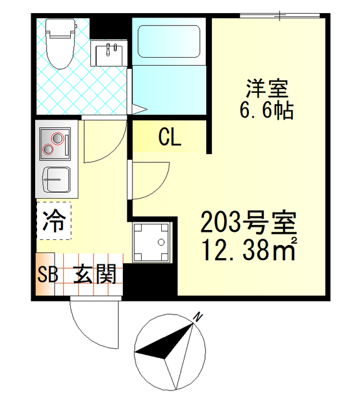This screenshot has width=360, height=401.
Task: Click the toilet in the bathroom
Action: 61,44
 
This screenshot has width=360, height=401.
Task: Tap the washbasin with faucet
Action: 109,53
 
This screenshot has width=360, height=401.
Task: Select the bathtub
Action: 169,41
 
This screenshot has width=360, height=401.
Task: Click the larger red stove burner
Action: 58,138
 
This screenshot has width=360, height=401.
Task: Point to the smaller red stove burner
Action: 48,149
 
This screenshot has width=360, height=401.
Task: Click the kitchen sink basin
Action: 56,180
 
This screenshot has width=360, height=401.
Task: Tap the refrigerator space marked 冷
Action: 54,221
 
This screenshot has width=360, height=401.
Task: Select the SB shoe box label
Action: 48,274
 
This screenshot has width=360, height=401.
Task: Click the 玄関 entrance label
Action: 95,274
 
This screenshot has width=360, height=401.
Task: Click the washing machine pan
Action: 152,242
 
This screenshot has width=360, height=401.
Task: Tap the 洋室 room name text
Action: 267,88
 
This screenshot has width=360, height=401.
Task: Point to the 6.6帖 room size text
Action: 267,110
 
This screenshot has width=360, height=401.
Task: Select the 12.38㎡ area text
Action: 249,249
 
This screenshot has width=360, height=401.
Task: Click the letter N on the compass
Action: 198,318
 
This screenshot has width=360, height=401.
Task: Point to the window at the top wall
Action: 280,16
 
